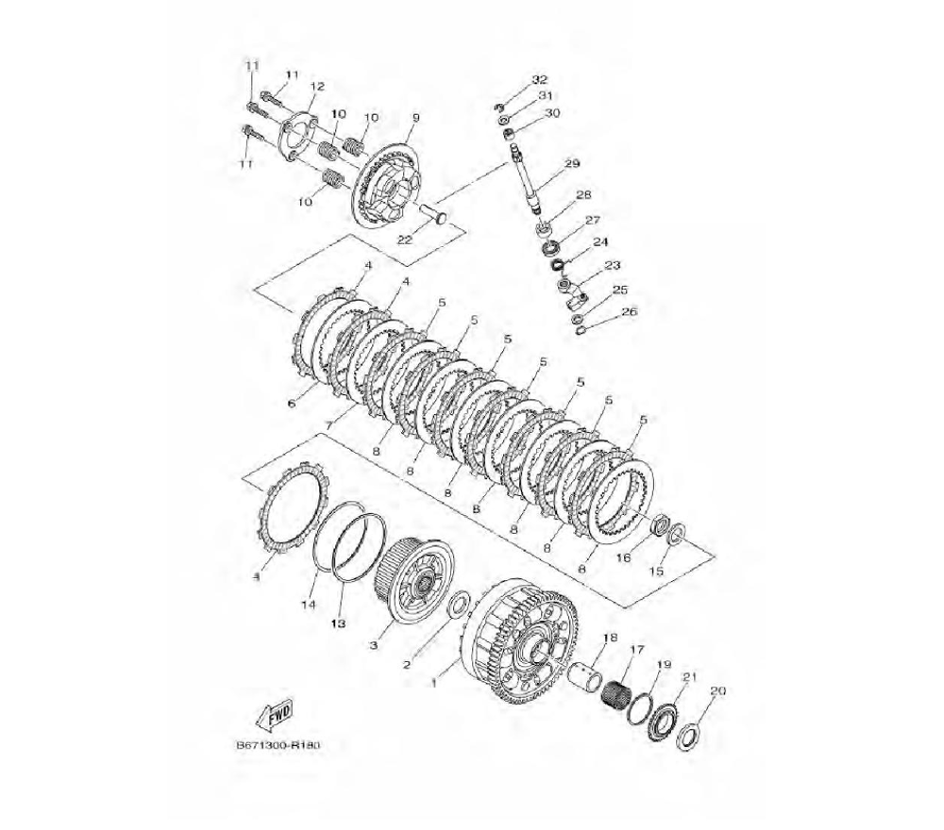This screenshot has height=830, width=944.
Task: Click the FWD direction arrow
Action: coord(275,715)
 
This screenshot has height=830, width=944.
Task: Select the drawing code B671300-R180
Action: coord(278,745)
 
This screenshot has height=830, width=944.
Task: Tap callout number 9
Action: coord(415,118)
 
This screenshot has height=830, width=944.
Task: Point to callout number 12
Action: coord(317,87)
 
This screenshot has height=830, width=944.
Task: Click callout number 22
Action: coord(405,240)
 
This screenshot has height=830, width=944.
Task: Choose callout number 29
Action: coord(571,163)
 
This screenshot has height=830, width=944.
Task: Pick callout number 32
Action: coord(539,79)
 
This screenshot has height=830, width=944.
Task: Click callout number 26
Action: coord(629,312)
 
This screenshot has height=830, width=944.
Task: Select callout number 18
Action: coord(610,638)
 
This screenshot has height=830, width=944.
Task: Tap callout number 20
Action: coord(717,691)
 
